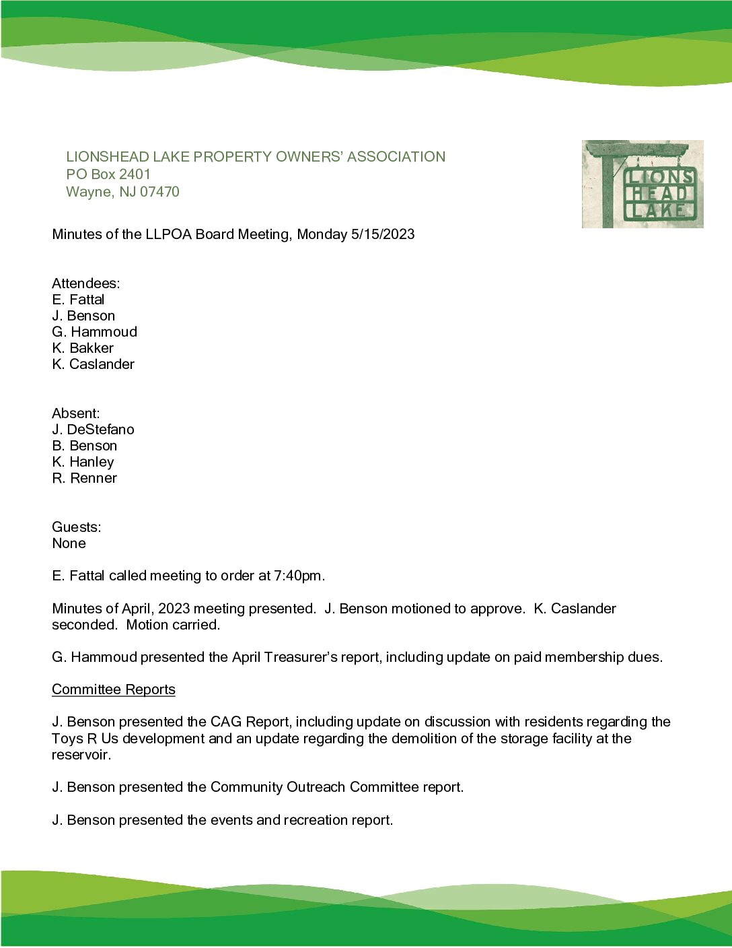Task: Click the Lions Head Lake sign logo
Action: click(643, 184)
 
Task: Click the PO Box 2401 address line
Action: click(108, 174)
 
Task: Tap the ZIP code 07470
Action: click(159, 192)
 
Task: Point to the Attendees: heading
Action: click(86, 283)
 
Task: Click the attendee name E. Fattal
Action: click(78, 300)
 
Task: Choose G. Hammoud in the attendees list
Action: click(94, 332)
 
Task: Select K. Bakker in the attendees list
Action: click(83, 348)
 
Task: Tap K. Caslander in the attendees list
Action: click(93, 364)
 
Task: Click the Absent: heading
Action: click(76, 413)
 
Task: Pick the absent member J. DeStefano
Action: click(93, 430)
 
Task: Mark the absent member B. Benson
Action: click(84, 446)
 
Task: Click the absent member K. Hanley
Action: click(83, 462)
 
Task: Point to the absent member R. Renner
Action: click(84, 478)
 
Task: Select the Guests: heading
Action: click(77, 527)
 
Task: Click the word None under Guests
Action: click(69, 543)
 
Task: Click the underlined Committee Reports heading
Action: click(114, 689)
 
